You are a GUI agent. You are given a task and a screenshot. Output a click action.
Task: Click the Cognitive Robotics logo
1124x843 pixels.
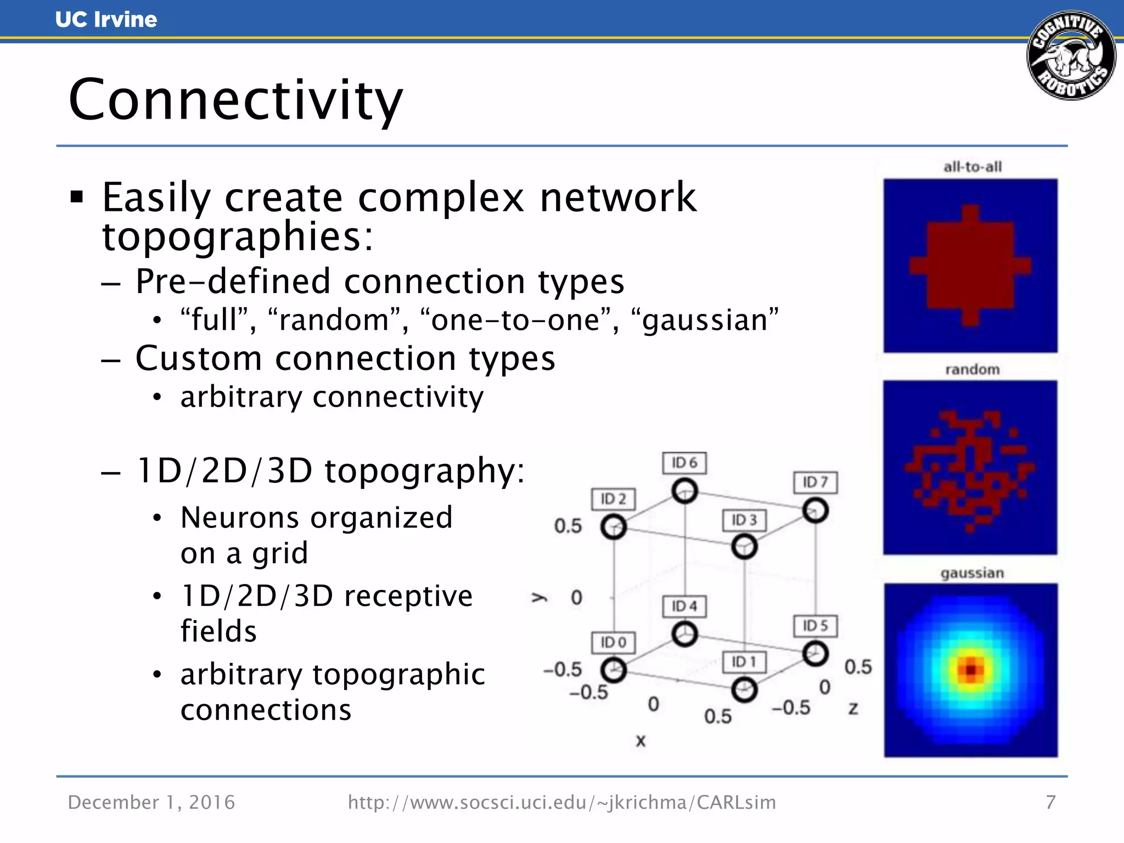(1071, 55)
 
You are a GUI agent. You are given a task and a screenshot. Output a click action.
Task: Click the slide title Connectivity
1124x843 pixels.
(236, 100)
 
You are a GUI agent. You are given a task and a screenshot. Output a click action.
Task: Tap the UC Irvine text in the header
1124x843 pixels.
(106, 20)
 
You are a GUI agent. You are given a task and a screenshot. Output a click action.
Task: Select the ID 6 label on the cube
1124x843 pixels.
(684, 463)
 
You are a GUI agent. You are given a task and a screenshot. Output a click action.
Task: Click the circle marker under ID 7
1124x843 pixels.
(815, 510)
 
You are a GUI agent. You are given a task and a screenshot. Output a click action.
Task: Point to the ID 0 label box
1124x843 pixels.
(613, 642)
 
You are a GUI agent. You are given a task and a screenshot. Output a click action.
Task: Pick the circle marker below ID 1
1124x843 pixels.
(744, 689)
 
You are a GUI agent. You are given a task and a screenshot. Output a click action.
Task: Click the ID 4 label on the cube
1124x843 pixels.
(684, 606)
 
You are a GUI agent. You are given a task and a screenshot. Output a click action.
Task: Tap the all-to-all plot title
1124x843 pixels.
(972, 167)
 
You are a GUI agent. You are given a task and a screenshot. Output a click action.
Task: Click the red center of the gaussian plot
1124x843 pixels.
(971, 670)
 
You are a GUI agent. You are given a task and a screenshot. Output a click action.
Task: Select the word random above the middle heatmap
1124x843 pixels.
(972, 369)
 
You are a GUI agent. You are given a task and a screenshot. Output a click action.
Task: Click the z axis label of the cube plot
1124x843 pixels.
(853, 709)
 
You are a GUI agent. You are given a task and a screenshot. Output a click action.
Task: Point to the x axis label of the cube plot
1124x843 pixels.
(640, 741)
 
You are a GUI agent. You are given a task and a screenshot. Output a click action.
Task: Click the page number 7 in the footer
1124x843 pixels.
(1050, 802)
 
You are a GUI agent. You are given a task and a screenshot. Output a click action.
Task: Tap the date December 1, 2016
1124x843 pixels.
(151, 802)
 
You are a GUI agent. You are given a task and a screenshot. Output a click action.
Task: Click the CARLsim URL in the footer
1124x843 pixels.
(562, 802)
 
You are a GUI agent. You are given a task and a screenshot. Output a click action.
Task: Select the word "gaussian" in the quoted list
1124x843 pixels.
(705, 320)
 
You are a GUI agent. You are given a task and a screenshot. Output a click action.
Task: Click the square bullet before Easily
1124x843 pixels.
(77, 196)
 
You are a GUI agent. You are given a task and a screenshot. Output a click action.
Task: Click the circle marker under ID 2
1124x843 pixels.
(613, 527)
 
